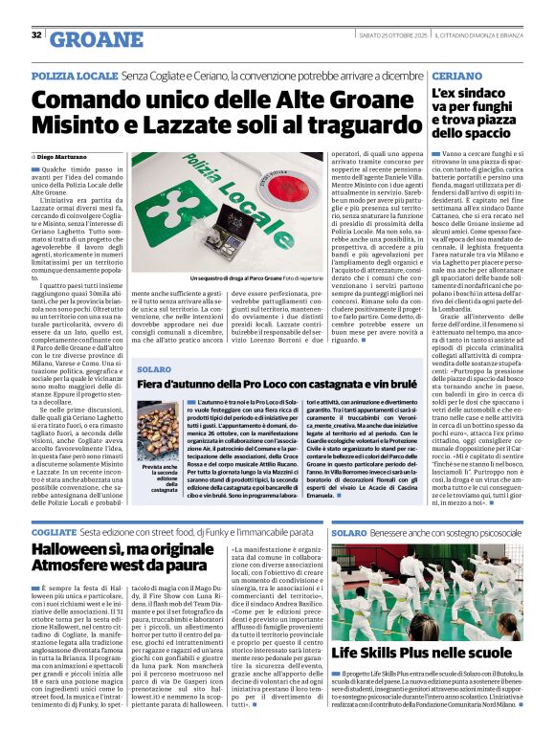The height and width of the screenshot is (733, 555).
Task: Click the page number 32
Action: coord(36,35)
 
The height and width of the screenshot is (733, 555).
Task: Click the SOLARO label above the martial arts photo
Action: coord(349,531)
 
